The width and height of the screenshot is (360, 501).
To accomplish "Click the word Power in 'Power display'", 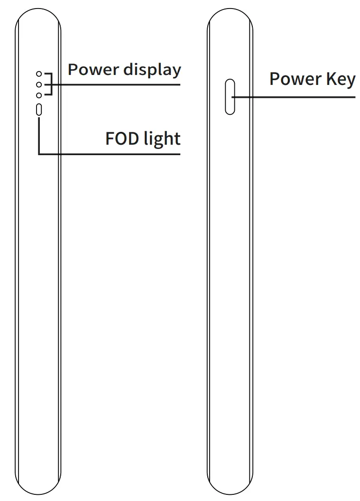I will tap(93, 70).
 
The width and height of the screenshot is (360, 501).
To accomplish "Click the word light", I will tap(162, 139).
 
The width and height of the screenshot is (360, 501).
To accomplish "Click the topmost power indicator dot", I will tap(39, 74).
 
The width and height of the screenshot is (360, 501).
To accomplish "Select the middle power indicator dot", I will tap(39, 85).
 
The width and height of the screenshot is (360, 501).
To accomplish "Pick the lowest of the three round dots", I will tap(39, 96).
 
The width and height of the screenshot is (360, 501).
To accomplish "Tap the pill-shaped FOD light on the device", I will tap(39, 110).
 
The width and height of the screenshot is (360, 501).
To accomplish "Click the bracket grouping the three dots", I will tap(49, 85).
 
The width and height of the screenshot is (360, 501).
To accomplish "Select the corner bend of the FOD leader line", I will tap(39, 154).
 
